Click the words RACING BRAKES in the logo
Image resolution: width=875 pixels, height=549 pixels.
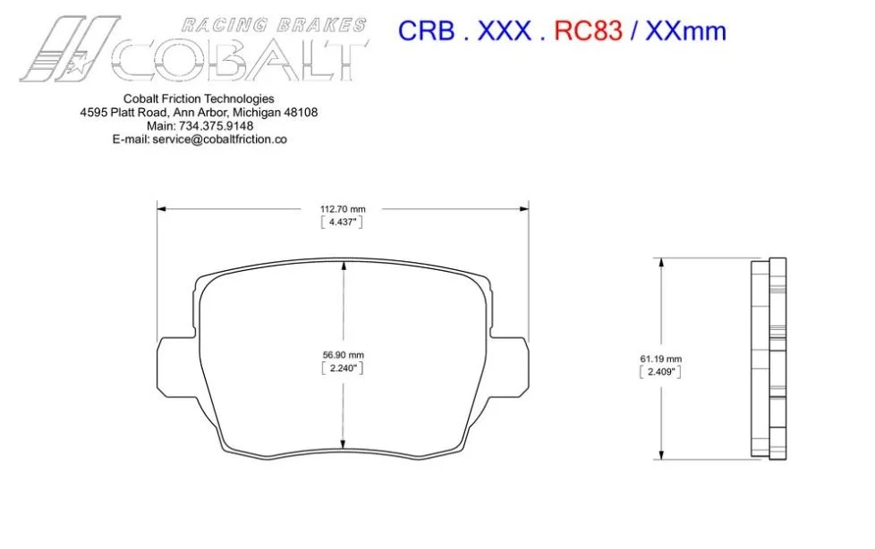274,25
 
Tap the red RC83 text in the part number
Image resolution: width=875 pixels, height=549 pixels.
588,30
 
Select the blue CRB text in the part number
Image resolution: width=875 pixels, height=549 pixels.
427,30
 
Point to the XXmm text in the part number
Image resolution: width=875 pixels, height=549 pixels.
686,30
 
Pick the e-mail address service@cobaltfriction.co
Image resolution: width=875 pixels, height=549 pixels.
219,139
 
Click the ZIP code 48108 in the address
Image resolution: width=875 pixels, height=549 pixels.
301,112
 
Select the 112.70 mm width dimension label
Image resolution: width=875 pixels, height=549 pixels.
343,209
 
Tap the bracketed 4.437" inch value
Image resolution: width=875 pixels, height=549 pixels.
342,222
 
